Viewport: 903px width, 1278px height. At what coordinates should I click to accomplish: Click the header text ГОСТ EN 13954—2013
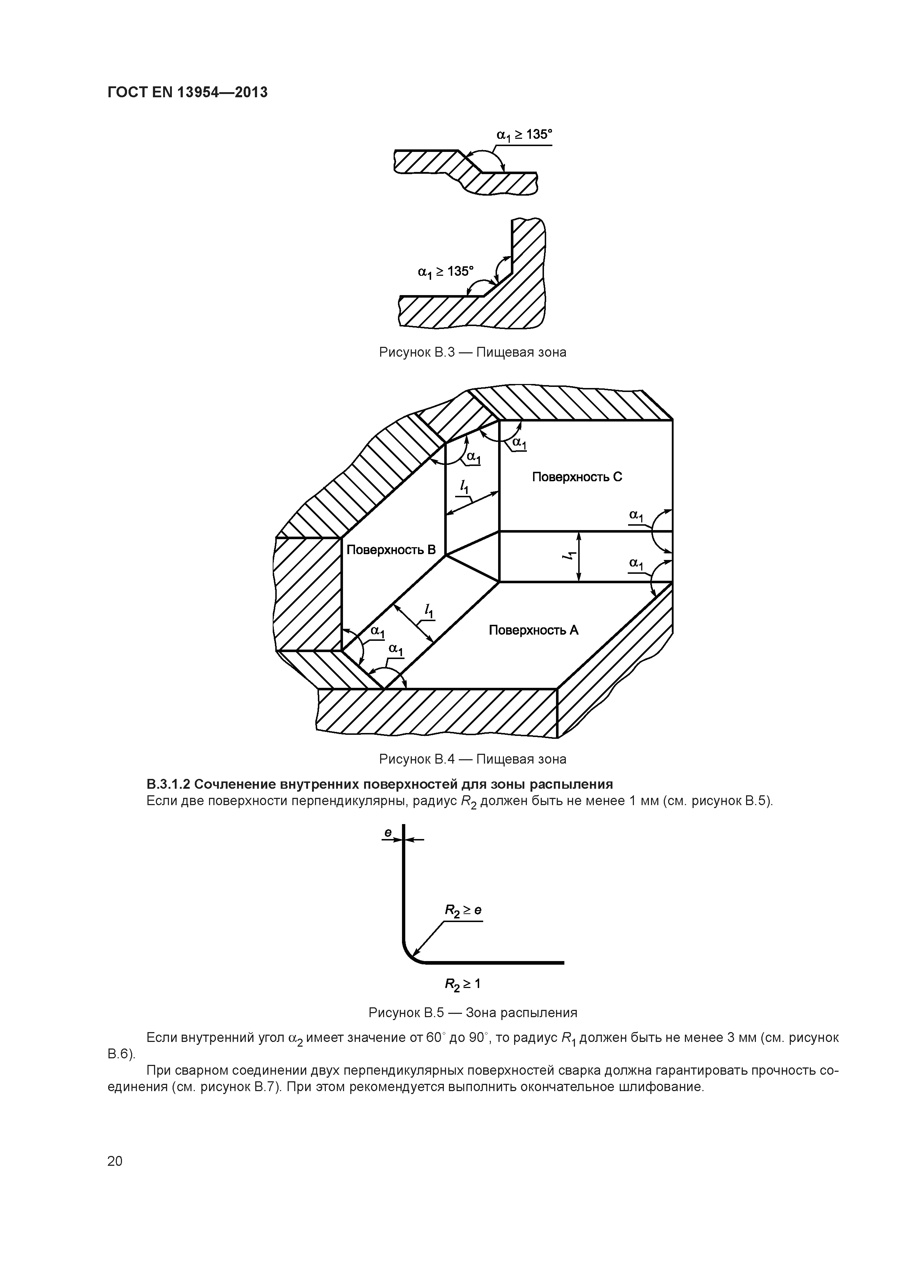187,93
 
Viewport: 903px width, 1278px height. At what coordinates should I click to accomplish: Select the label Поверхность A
533,630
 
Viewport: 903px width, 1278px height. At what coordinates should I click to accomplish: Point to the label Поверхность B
391,550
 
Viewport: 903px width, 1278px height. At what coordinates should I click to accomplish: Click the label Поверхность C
577,477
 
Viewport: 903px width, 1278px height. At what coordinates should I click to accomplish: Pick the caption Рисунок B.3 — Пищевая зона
472,352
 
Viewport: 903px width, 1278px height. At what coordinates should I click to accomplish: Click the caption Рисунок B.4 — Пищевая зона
472,759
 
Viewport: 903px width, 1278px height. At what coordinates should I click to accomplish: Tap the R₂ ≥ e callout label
462,911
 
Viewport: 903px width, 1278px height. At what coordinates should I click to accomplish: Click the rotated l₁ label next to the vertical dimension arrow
568,556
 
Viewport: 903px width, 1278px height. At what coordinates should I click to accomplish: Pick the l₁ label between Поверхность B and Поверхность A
429,611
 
